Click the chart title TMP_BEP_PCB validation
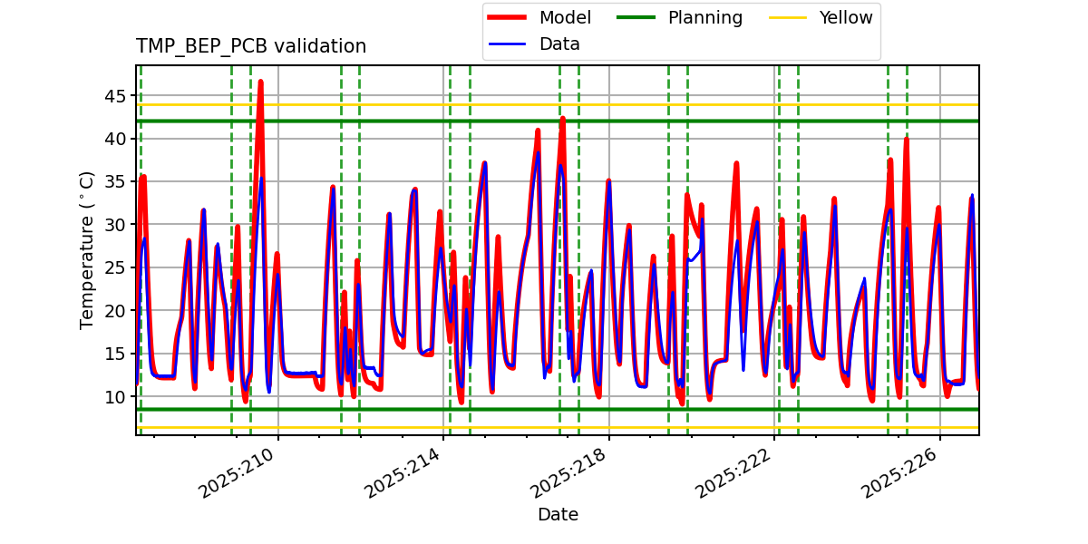click(x=251, y=46)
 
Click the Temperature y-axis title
click(x=87, y=250)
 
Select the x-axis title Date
click(x=558, y=515)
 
